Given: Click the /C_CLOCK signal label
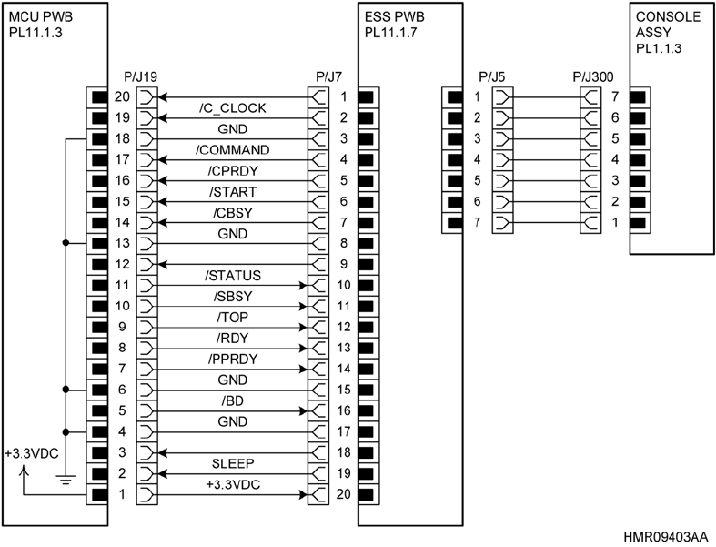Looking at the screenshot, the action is [232, 108].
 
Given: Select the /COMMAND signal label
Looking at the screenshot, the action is [232, 148].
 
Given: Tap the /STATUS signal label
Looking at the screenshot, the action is [232, 275].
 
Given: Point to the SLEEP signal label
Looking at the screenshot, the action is [232, 464].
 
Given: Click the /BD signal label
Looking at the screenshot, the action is [232, 401].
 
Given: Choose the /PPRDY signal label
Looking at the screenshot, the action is [232, 359].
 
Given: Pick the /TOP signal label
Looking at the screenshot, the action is [232, 317].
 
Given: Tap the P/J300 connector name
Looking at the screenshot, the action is [593, 77].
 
